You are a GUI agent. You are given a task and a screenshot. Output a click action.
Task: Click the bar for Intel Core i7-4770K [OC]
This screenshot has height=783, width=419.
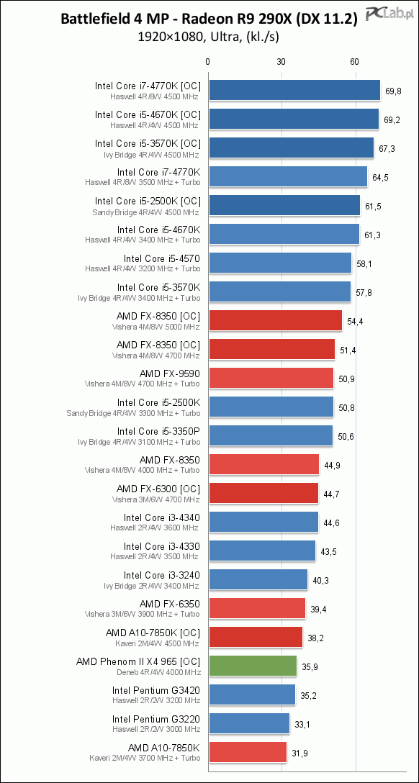pos(294,91)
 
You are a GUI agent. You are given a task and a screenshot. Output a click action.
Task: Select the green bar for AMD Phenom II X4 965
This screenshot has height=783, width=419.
pos(253,666)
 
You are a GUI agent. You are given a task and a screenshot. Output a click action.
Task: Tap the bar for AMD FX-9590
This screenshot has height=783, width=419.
pos(271,378)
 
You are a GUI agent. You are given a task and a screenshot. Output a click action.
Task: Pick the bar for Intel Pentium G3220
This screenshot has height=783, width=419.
pos(249,723)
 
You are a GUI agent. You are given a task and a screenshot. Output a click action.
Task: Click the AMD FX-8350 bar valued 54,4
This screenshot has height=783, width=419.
pos(275,320)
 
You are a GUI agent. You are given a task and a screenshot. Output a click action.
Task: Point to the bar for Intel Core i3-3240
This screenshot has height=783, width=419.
pos(258,579)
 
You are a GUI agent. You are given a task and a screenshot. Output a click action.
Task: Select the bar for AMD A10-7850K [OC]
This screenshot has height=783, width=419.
pos(255,637)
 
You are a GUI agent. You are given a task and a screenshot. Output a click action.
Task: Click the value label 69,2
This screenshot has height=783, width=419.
pos(392,120)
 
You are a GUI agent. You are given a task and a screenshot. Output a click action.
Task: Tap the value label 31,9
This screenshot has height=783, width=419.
pos(301,753)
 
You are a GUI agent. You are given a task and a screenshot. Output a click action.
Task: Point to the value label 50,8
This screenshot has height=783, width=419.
pos(346,408)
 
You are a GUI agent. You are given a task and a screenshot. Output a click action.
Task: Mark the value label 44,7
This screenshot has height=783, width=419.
pos(332,494)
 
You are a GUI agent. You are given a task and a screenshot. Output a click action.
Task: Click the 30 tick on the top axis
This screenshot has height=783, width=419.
pos(281,62)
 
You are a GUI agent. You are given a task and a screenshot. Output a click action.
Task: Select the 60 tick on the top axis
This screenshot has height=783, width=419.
pos(355,62)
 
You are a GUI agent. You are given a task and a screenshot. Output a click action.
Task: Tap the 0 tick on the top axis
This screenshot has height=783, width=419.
pos(208,62)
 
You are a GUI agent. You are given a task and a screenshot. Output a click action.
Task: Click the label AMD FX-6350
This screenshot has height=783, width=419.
pos(170,604)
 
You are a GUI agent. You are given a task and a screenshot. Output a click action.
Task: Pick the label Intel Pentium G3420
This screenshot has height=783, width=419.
pos(156,690)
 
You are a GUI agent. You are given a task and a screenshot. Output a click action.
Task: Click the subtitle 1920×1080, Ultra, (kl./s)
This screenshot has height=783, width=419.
pos(209,37)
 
